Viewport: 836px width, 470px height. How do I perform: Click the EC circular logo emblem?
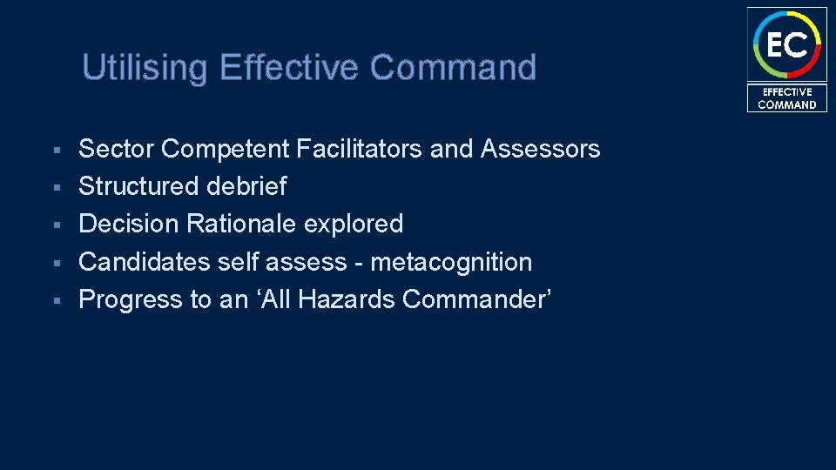pos(786,44)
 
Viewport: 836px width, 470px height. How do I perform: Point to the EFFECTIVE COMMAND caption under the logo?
pos(786,98)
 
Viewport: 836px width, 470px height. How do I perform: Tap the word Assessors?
pos(540,150)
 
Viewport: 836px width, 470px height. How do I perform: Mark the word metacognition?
pos(451,262)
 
